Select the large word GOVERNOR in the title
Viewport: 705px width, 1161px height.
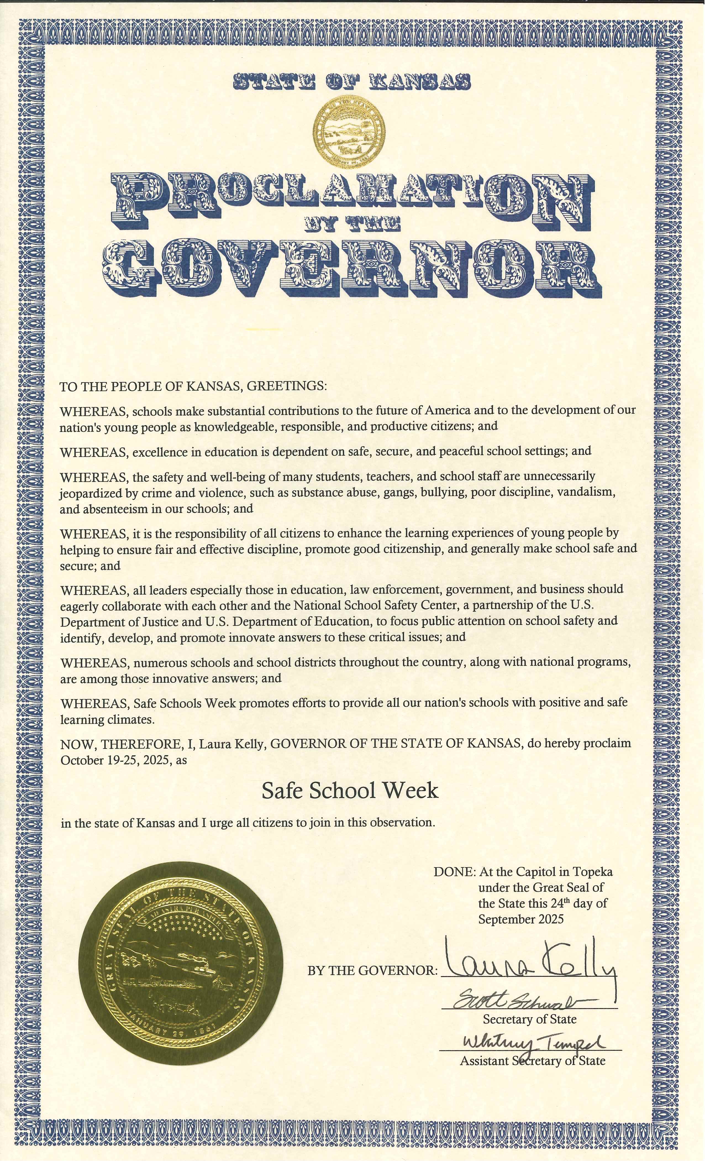point(352,269)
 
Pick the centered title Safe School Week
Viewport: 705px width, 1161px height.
point(350,791)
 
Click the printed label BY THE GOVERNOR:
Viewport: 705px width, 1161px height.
point(372,971)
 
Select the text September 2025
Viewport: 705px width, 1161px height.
point(520,919)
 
